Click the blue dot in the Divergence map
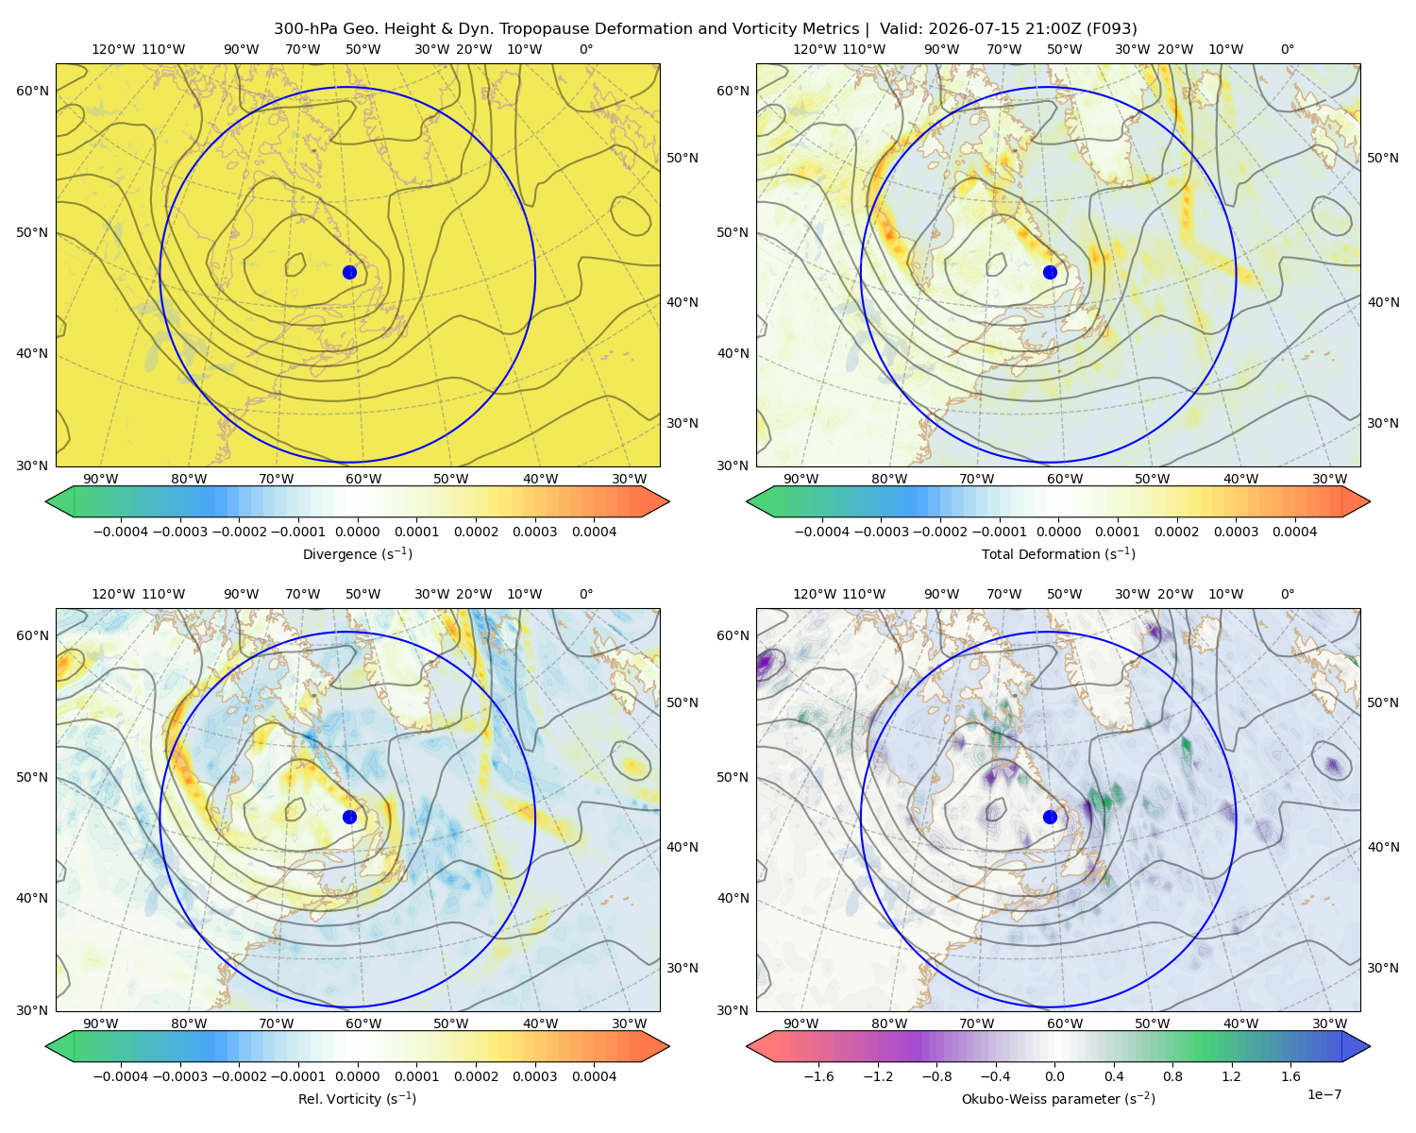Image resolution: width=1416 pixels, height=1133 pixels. [349, 272]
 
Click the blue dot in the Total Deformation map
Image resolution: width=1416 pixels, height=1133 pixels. [1050, 272]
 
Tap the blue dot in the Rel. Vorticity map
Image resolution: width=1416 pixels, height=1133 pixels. [349, 817]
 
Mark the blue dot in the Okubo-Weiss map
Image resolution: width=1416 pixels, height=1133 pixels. [1050, 817]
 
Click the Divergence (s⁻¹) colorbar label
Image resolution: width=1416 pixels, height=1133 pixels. [357, 553]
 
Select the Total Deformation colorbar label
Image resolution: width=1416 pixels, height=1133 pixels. [1058, 553]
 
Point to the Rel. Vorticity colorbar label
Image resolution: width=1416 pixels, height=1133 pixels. [357, 1098]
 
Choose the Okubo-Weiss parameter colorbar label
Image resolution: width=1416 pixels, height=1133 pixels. [1058, 1098]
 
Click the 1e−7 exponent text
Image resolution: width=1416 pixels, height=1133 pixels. [1323, 1094]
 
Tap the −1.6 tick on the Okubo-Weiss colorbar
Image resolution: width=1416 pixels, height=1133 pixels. [818, 1075]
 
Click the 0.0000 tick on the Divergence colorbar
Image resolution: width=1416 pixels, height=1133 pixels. [357, 532]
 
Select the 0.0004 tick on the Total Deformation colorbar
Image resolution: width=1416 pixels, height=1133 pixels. [1294, 532]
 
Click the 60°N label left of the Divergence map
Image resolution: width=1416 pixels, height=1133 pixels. [32, 91]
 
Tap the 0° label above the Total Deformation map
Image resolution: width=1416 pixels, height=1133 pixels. [1287, 49]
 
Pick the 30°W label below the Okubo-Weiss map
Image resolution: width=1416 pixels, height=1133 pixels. [1329, 1023]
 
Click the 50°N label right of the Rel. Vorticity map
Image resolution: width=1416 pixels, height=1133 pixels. [683, 702]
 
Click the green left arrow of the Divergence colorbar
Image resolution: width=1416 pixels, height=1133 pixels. [59, 501]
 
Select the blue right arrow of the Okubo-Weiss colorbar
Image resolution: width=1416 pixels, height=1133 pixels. [1357, 1046]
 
